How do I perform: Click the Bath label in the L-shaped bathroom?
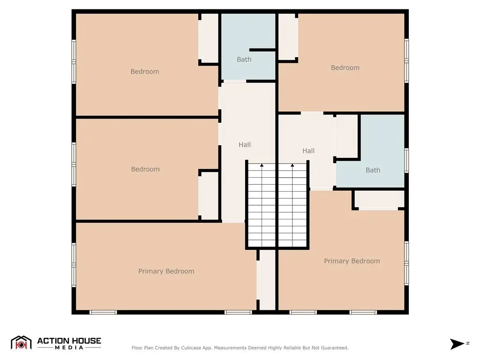pyautogui.click(x=373, y=170)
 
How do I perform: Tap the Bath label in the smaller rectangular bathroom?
pyautogui.click(x=244, y=60)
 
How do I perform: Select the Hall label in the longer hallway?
pyautogui.click(x=245, y=144)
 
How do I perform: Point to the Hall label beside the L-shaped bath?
pyautogui.click(x=308, y=150)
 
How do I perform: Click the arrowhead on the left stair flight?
pyautogui.click(x=262, y=165)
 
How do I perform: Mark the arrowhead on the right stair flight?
pyautogui.click(x=292, y=165)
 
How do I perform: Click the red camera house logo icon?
pyautogui.click(x=21, y=343)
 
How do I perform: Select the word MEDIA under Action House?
pyautogui.click(x=69, y=347)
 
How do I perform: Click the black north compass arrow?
pyautogui.click(x=457, y=344)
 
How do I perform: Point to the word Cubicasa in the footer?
pyautogui.click(x=191, y=348)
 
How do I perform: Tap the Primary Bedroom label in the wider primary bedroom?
pyautogui.click(x=166, y=271)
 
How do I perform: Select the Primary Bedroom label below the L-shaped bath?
pyautogui.click(x=352, y=261)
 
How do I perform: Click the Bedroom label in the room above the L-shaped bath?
pyautogui.click(x=345, y=67)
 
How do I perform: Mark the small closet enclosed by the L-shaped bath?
pyautogui.click(x=347, y=137)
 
